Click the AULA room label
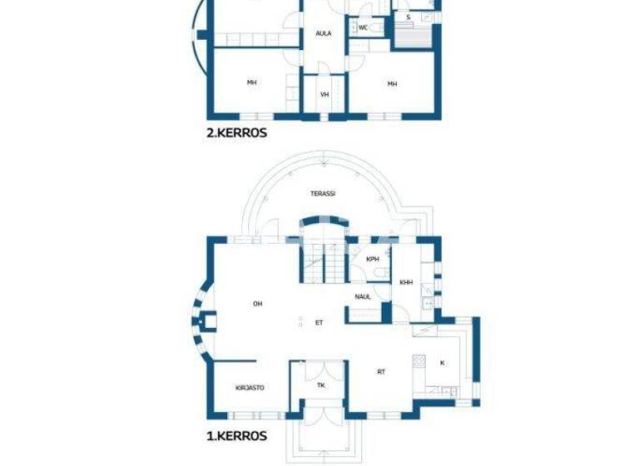click(x=324, y=34)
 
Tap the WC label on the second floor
click(x=363, y=27)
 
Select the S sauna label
click(x=408, y=17)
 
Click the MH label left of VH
click(x=251, y=83)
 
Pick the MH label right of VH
click(x=391, y=83)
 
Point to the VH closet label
click(x=324, y=95)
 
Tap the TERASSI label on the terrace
click(x=323, y=193)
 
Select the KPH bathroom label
click(x=373, y=259)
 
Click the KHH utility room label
click(x=406, y=282)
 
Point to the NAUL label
click(x=363, y=295)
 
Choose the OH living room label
click(x=258, y=304)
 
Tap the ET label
click(x=319, y=322)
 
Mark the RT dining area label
click(x=382, y=372)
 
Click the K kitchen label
click(x=442, y=363)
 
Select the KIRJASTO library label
click(x=250, y=387)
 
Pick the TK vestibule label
click(x=321, y=385)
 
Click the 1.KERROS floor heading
click(x=236, y=435)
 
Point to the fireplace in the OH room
click(x=211, y=320)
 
